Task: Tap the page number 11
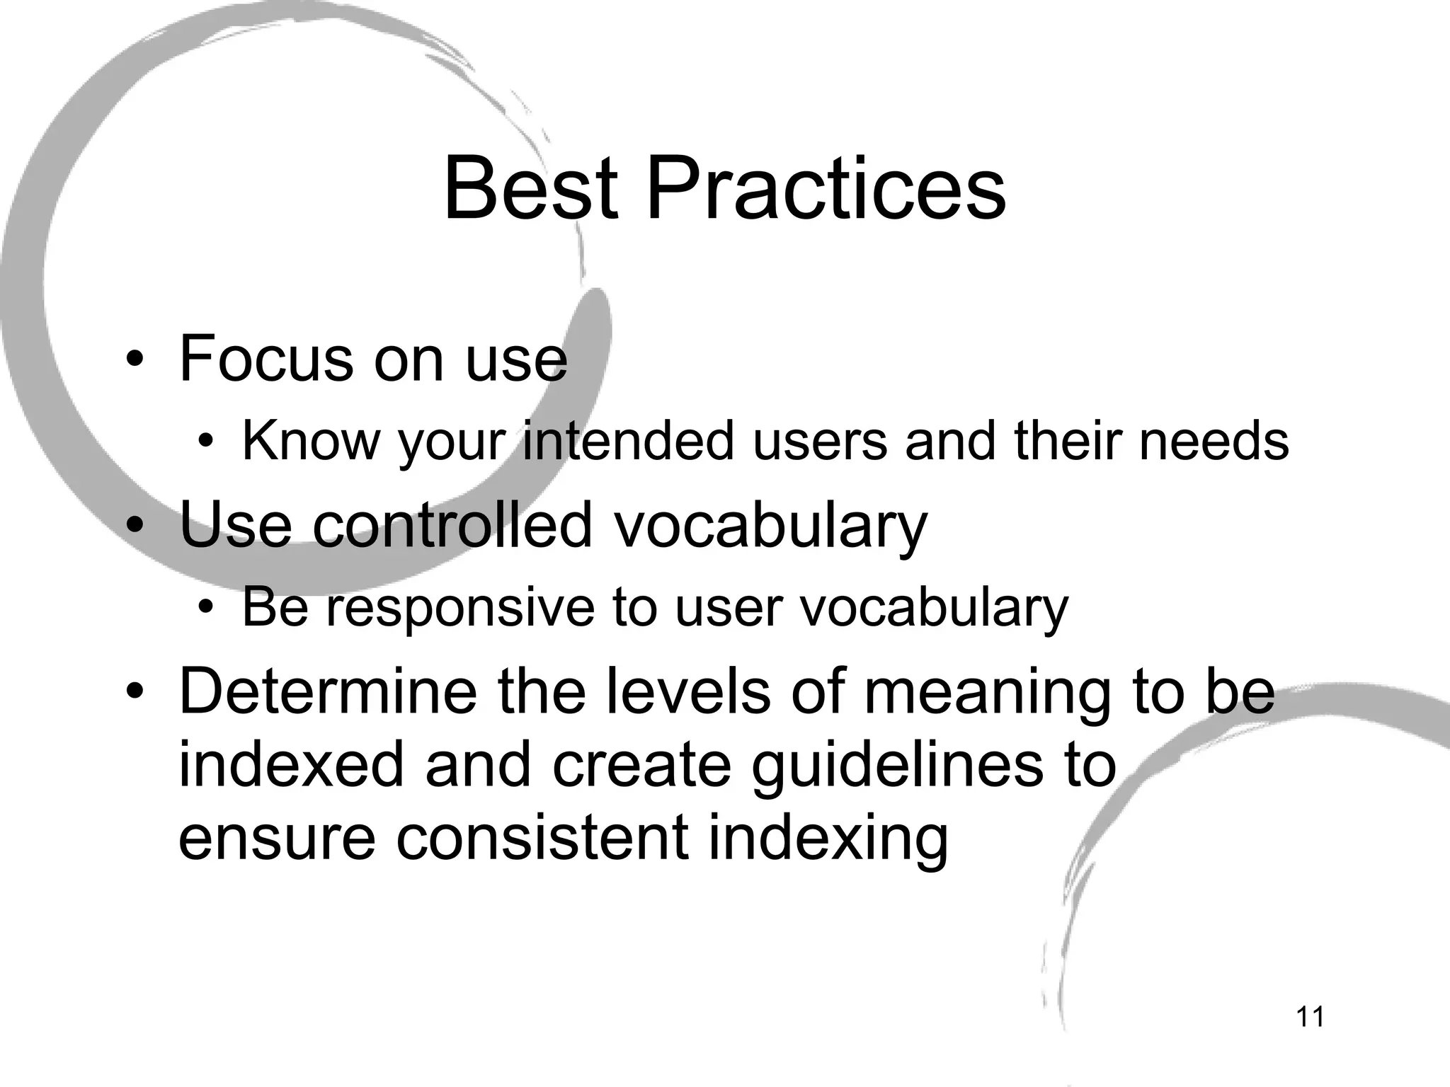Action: point(1310,1017)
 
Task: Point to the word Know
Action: point(312,441)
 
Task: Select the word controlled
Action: point(452,524)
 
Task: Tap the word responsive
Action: point(460,607)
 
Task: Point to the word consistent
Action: point(542,839)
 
